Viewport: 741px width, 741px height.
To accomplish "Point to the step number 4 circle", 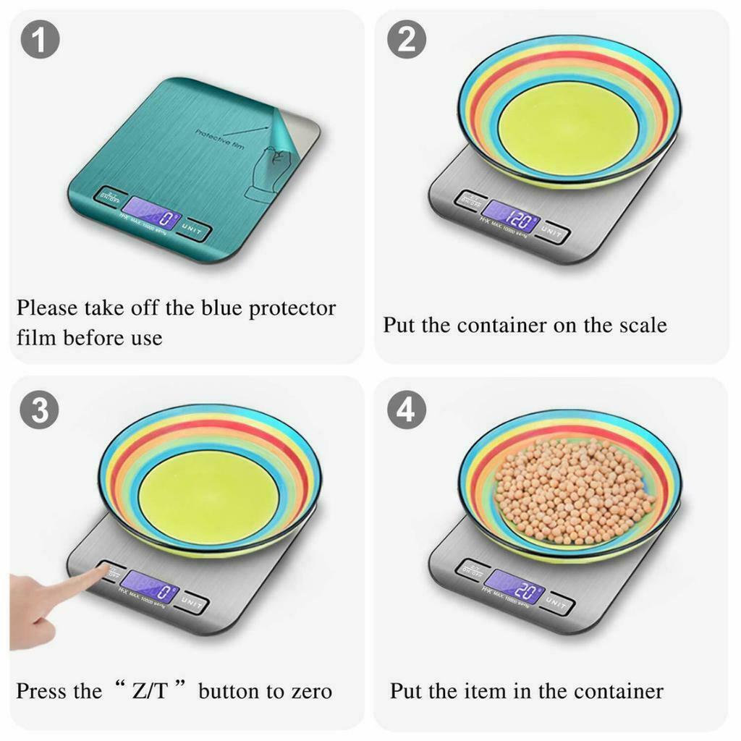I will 407,410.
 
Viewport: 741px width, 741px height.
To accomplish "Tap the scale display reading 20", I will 514,585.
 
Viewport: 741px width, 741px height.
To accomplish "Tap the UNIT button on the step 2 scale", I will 553,232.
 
